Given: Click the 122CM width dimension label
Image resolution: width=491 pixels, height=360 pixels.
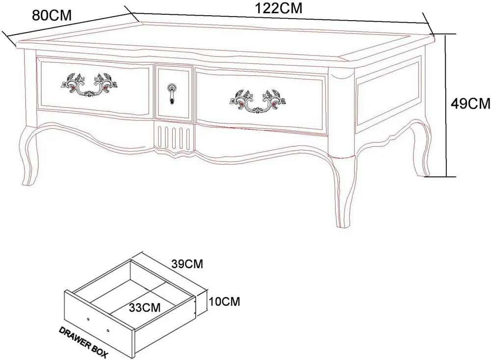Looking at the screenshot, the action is [x=279, y=8].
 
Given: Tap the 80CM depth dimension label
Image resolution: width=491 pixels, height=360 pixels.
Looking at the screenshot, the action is [x=52, y=15].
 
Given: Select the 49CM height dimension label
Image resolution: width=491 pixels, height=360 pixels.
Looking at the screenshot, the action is [x=470, y=104].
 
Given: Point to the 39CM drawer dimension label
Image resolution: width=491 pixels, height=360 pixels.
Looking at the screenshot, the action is [x=187, y=264].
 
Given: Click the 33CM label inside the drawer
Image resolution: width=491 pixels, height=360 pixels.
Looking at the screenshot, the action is [x=145, y=307].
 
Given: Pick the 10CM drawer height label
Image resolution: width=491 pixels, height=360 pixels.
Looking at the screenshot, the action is [x=224, y=302].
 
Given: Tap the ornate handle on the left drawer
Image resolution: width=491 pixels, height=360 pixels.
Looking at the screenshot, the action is [x=89, y=84].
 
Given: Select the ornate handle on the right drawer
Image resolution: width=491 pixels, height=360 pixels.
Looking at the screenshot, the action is [x=258, y=101].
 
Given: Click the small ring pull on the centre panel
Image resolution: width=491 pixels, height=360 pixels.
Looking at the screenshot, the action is [x=171, y=93].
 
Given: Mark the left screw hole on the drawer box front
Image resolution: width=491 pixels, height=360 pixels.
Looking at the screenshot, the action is [x=88, y=319].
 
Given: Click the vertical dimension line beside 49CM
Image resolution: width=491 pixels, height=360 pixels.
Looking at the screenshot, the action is [x=446, y=105].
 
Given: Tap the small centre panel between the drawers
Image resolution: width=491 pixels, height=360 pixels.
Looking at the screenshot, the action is [x=174, y=92].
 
